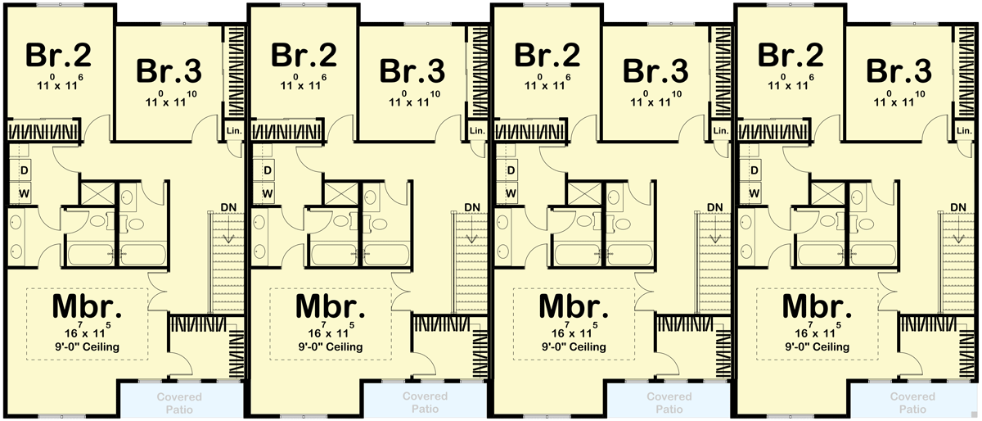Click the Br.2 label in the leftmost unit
[58, 56]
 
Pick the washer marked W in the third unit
[511, 193]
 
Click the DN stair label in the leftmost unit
[228, 206]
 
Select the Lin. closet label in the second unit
[477, 131]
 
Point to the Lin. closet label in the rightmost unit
[964, 131]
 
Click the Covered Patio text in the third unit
[669, 402]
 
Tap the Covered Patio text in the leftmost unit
[182, 402]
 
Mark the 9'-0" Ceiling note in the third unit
[575, 347]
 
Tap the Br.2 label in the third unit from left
[547, 56]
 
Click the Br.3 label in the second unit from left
[412, 70]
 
